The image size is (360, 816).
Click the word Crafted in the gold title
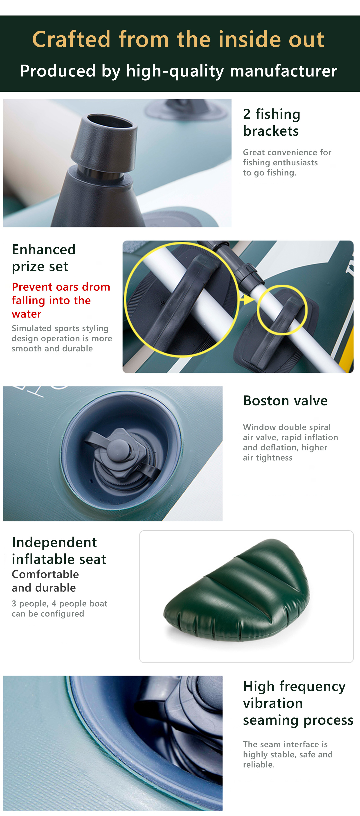tap(71, 39)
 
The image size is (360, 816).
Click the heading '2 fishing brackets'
tap(272, 122)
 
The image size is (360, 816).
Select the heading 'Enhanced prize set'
tap(44, 258)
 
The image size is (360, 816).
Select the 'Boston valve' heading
tap(285, 400)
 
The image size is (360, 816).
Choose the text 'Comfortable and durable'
tap(45, 581)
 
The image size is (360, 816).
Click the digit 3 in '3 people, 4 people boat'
tap(14, 604)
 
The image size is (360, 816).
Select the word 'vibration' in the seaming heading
tap(273, 703)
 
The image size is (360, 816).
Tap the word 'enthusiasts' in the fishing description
tap(296, 162)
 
